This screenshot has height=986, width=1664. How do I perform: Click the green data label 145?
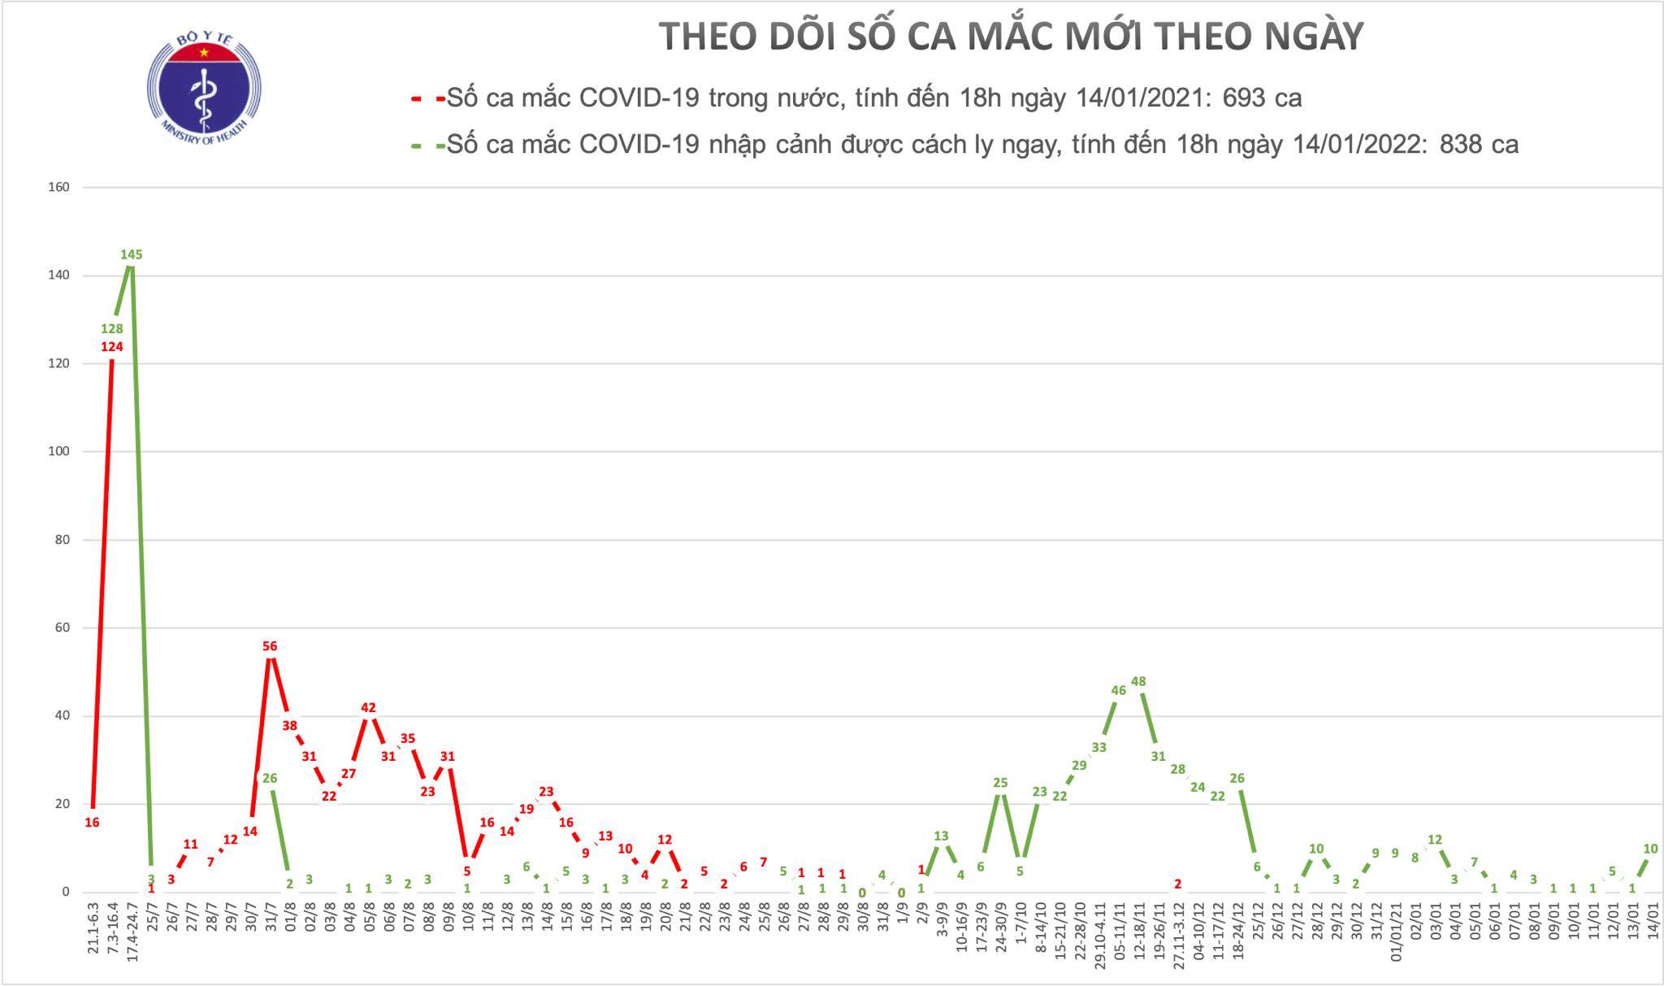coord(132,254)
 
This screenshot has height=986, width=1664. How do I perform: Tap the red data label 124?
coord(112,347)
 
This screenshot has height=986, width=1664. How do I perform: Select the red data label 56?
coord(270,646)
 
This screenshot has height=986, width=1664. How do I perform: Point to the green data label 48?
coord(1138,681)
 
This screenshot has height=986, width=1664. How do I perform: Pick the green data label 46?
coord(1118,690)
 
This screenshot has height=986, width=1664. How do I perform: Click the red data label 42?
coord(368,707)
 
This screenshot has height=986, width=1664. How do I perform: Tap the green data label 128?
coord(112,328)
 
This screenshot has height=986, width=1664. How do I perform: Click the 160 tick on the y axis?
coord(59,187)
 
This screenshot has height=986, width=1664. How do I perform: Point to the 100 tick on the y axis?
coord(59,451)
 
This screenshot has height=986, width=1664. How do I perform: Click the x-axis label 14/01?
coord(1651,918)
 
